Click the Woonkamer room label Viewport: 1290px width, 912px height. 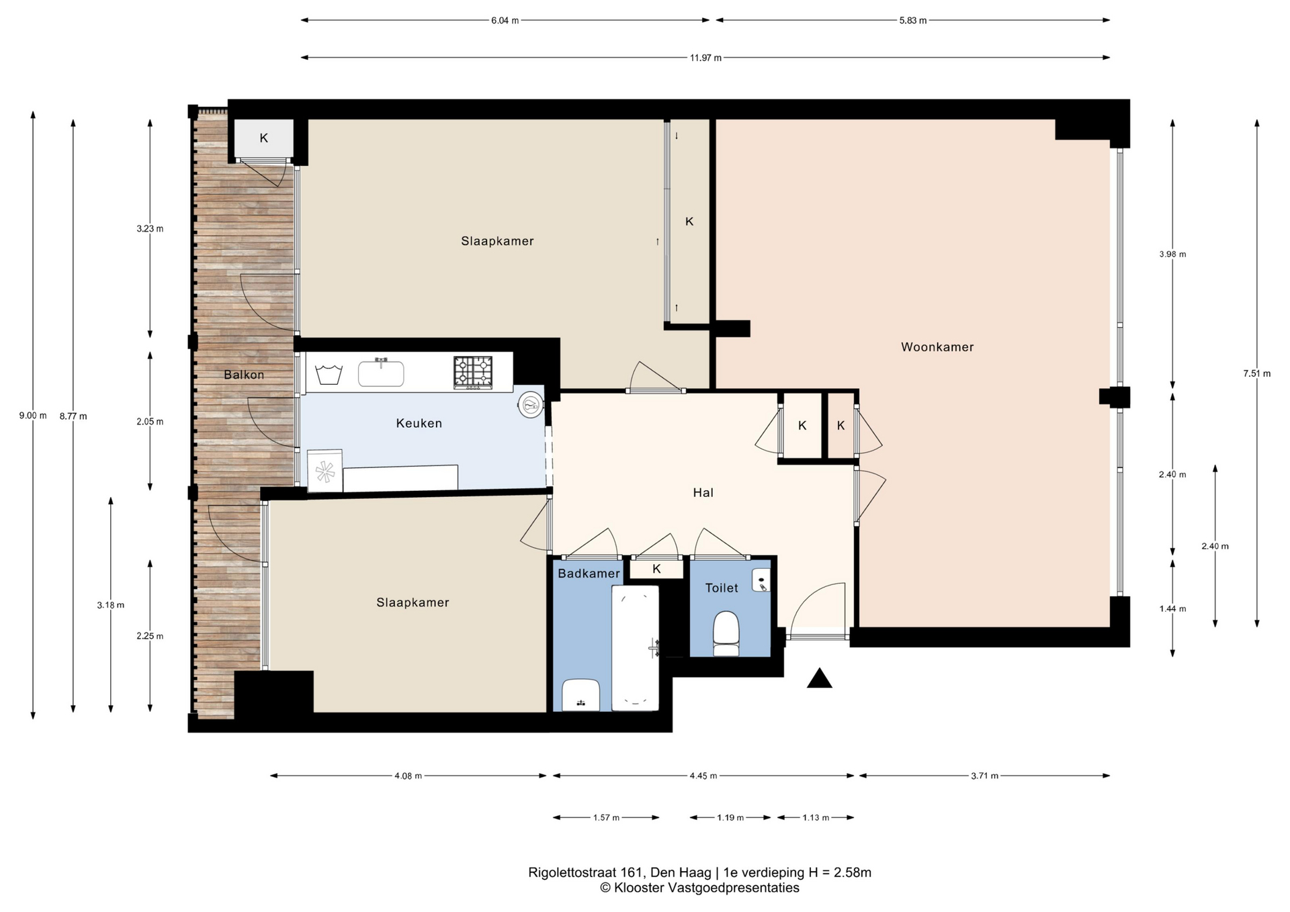(937, 347)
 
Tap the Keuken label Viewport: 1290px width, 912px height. (419, 423)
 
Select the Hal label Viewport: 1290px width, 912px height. (703, 493)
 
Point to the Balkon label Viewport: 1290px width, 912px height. (244, 375)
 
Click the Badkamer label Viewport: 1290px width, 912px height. (589, 574)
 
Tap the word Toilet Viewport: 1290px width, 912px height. (722, 588)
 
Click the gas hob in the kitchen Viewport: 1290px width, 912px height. (473, 372)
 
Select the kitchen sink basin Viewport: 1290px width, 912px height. (381, 373)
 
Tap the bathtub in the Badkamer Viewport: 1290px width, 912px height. (635, 647)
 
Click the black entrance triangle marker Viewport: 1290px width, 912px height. (820, 678)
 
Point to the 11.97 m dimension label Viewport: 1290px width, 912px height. (705, 58)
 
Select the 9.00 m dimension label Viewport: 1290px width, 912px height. (33, 416)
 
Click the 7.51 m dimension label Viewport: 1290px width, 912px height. (1256, 374)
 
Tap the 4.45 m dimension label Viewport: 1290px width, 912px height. (703, 776)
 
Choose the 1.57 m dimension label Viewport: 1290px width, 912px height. (606, 818)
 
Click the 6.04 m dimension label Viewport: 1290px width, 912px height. (505, 21)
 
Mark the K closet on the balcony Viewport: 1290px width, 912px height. (263, 138)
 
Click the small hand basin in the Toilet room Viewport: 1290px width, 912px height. (761, 580)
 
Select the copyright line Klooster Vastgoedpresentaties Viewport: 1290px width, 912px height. (699, 888)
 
